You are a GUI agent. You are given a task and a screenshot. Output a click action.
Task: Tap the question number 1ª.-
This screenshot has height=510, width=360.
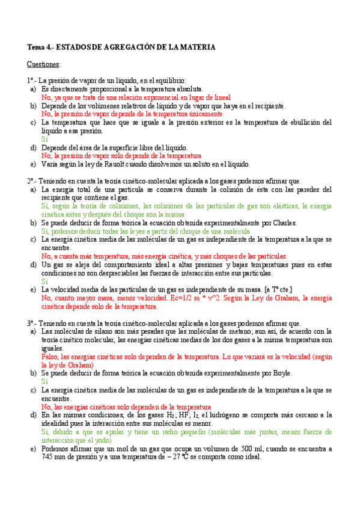pyautogui.click(x=33, y=81)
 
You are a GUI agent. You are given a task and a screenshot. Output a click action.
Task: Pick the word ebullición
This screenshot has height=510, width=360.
pyautogui.click(x=298, y=122)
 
